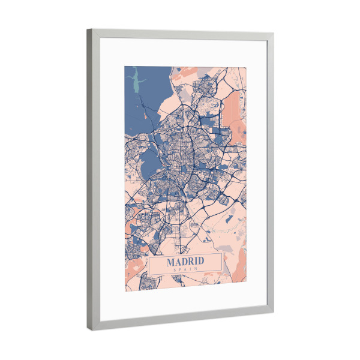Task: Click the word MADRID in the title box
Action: pyautogui.click(x=185, y=262)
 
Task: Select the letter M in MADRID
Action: pyautogui.click(x=170, y=262)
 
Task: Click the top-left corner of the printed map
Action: pyautogui.click(x=125, y=66)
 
